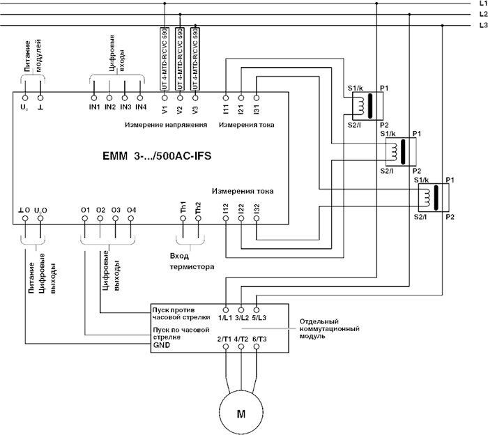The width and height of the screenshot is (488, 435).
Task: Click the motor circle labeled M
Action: point(242,413)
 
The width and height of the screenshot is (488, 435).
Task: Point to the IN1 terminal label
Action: point(95,107)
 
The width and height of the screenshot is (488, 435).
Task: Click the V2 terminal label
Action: point(180,109)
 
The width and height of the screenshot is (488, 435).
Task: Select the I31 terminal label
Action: point(257,109)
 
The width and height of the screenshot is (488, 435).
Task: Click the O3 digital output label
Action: point(116,209)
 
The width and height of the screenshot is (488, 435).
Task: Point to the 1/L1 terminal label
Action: point(226,318)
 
